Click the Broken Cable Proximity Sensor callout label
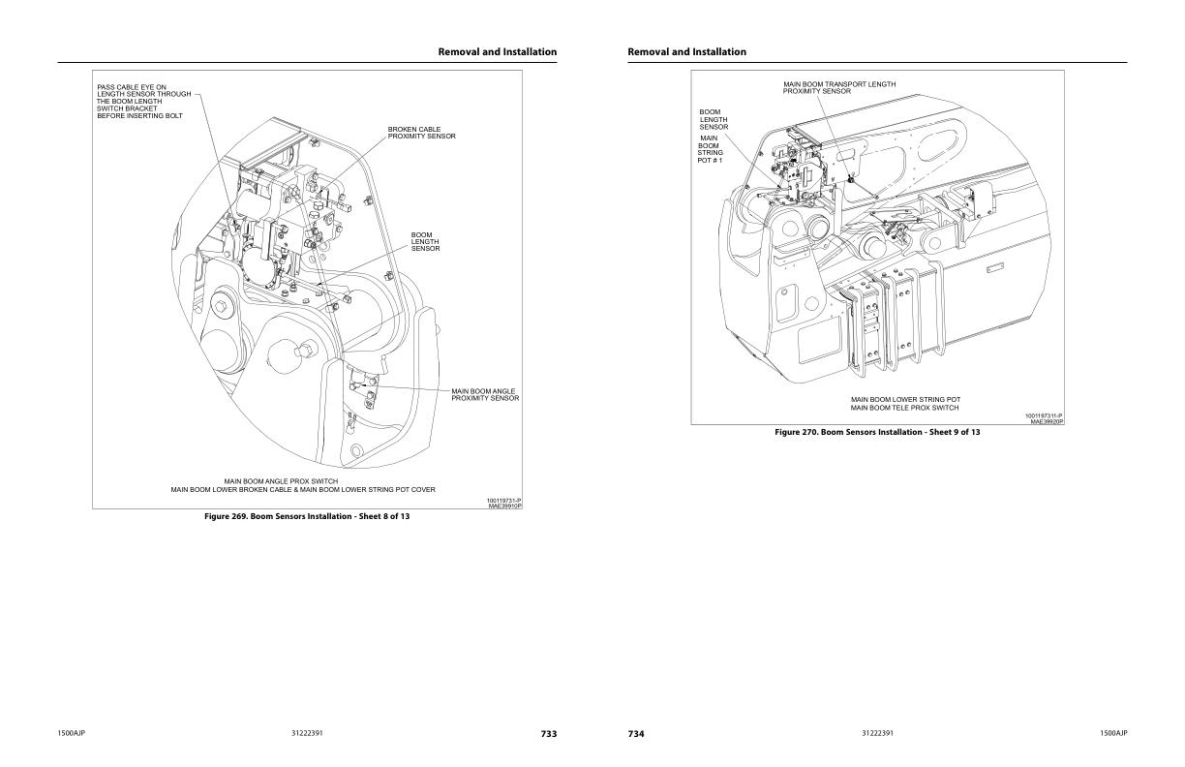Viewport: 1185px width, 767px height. click(x=421, y=133)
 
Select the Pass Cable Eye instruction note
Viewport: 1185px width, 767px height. click(x=143, y=102)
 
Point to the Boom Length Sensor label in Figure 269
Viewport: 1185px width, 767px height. click(x=425, y=241)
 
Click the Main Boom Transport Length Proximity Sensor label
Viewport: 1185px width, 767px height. click(x=839, y=87)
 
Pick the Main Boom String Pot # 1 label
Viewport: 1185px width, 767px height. click(x=710, y=148)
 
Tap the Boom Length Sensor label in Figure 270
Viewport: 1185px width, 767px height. click(x=714, y=119)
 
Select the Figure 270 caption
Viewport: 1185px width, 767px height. click(x=877, y=432)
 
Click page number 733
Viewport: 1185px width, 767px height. click(x=548, y=734)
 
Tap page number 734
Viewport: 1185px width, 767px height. click(x=636, y=734)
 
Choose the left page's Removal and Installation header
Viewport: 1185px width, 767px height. click(x=497, y=51)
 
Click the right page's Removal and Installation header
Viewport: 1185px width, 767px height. click(x=686, y=51)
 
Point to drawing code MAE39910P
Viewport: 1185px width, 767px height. click(x=504, y=506)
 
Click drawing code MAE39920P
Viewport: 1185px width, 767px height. click(x=1047, y=422)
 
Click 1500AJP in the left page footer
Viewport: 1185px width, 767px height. click(x=74, y=733)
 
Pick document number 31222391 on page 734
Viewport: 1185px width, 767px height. click(x=877, y=733)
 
